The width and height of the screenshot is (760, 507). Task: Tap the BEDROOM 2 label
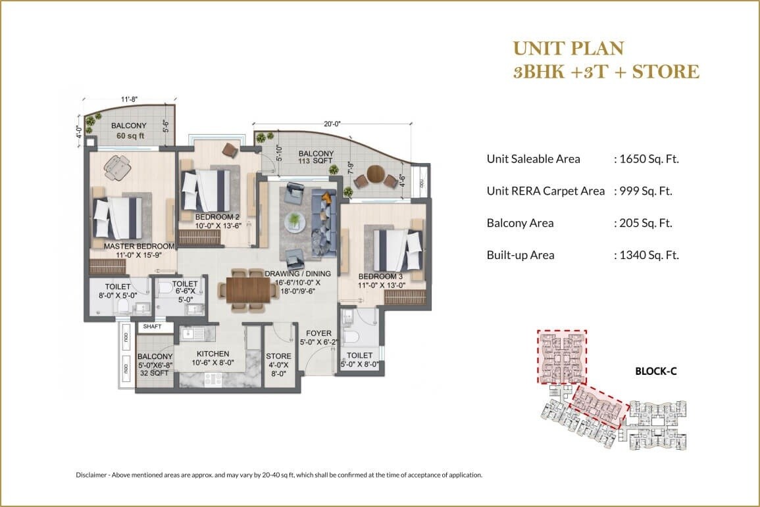pyautogui.click(x=215, y=216)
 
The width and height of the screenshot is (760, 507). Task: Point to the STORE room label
pyautogui.click(x=279, y=356)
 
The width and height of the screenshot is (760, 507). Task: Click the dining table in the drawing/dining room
pyautogui.click(x=247, y=289)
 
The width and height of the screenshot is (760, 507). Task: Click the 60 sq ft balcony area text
pyautogui.click(x=130, y=136)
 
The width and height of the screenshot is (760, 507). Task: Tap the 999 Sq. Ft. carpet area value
pyautogui.click(x=646, y=191)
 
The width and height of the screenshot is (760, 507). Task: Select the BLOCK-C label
pyautogui.click(x=655, y=371)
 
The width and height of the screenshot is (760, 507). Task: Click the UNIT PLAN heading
pyautogui.click(x=567, y=48)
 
